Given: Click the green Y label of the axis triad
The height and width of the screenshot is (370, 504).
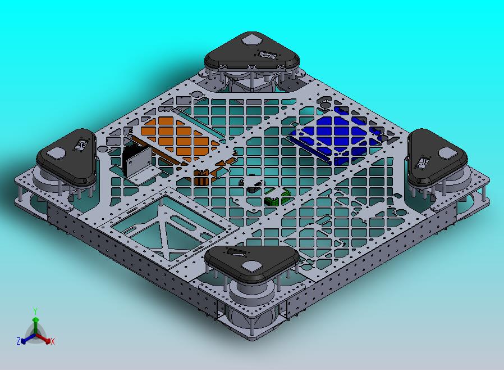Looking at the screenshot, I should (x=35, y=311).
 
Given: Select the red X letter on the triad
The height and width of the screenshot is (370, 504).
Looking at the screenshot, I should (x=52, y=341).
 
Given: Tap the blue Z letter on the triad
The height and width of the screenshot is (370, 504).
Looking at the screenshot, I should (x=19, y=341).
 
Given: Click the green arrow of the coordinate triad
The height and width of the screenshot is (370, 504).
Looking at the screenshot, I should (x=35, y=323).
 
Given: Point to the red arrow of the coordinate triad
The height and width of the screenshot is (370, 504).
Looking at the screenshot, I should (x=45, y=339).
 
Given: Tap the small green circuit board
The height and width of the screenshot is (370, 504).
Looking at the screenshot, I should (x=276, y=199).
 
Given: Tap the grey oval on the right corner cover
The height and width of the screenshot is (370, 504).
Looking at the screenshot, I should (x=447, y=152).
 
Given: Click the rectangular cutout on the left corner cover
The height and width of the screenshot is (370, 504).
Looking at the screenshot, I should (x=80, y=145).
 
